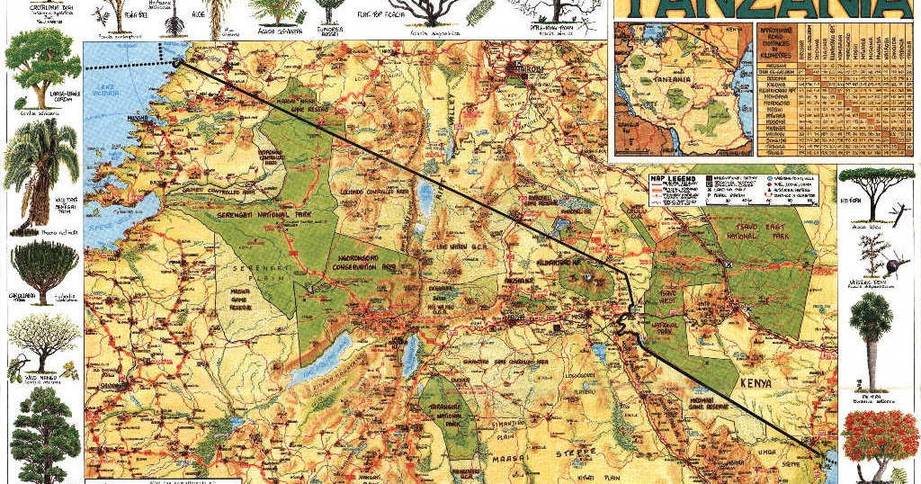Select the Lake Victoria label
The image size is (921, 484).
(x=107, y=91)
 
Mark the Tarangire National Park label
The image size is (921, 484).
(x=446, y=415)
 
